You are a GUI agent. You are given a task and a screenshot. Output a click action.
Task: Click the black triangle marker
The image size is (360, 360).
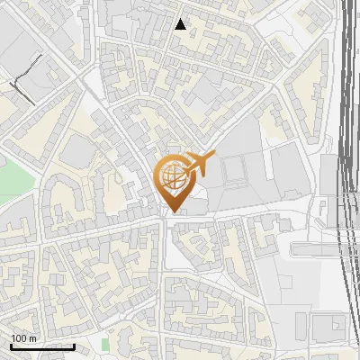181,24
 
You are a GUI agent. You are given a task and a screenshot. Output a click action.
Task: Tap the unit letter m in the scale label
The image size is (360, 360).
34,338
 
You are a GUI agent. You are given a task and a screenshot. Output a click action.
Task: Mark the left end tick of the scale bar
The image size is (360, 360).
11,346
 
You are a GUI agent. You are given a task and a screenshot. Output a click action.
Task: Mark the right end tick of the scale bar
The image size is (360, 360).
74,346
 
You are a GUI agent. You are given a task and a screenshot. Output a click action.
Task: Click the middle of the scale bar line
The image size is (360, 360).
42,346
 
